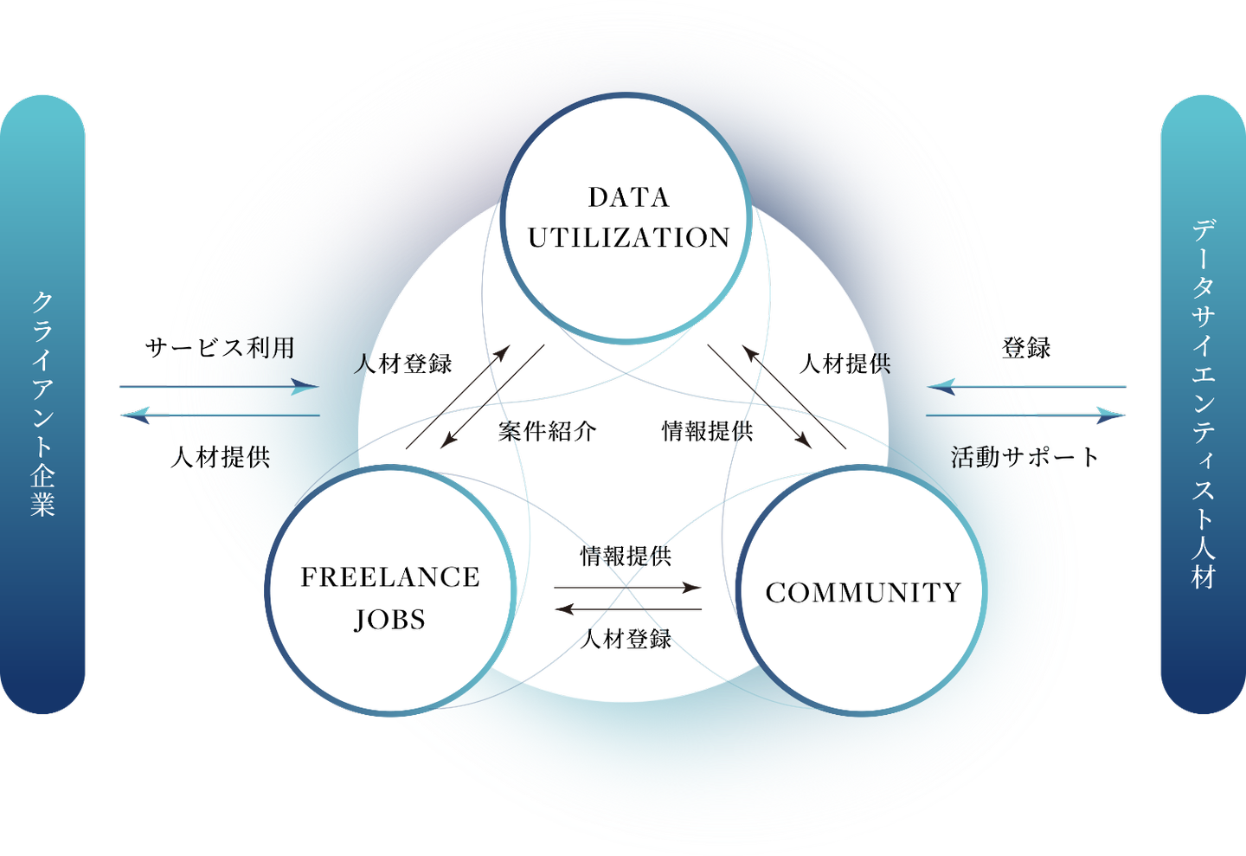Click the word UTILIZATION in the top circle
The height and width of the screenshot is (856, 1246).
[629, 238]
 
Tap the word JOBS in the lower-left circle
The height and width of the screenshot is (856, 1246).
[390, 620]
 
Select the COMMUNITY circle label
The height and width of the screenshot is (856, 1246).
[864, 593]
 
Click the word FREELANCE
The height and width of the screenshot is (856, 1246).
[390, 577]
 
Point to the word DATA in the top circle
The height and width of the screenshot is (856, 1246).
[629, 197]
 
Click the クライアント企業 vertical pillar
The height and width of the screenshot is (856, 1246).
[42, 404]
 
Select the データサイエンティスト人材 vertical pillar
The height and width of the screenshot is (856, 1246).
[1203, 404]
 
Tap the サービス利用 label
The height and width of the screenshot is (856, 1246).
[221, 349]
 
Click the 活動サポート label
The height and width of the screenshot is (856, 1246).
[1024, 458]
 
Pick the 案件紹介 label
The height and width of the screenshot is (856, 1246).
[548, 431]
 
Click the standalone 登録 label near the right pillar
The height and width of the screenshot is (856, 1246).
[1026, 349]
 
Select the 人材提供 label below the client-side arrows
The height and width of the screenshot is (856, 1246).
[221, 458]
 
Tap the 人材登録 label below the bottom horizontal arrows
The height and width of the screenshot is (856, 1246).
[626, 639]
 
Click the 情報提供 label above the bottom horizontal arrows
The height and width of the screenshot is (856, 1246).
[626, 556]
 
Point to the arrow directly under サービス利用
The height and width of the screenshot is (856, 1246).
[219, 386]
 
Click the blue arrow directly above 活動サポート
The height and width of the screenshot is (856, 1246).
[1025, 415]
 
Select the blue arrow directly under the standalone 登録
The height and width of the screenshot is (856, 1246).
[1027, 386]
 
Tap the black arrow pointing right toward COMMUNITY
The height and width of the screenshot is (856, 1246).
[627, 588]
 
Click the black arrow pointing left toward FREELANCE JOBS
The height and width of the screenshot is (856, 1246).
[628, 609]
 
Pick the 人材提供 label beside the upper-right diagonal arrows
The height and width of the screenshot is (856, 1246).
[845, 364]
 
